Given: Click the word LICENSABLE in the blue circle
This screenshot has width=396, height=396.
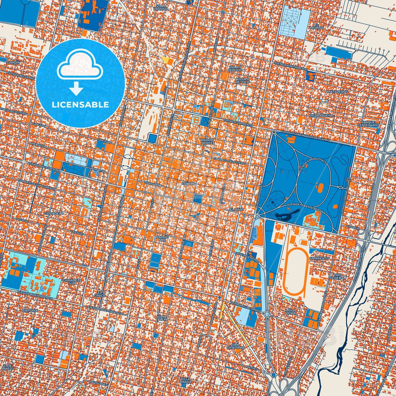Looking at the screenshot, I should click(x=81, y=105).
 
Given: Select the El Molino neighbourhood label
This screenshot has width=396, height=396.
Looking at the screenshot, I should click(x=317, y=26).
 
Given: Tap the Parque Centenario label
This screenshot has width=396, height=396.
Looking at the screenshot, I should click(x=370, y=124).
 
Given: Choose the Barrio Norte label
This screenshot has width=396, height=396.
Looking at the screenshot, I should click(x=207, y=141).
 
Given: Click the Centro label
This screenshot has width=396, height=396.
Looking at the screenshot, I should click(x=189, y=183).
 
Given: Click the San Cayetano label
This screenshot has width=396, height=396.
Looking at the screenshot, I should click(x=235, y=346).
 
